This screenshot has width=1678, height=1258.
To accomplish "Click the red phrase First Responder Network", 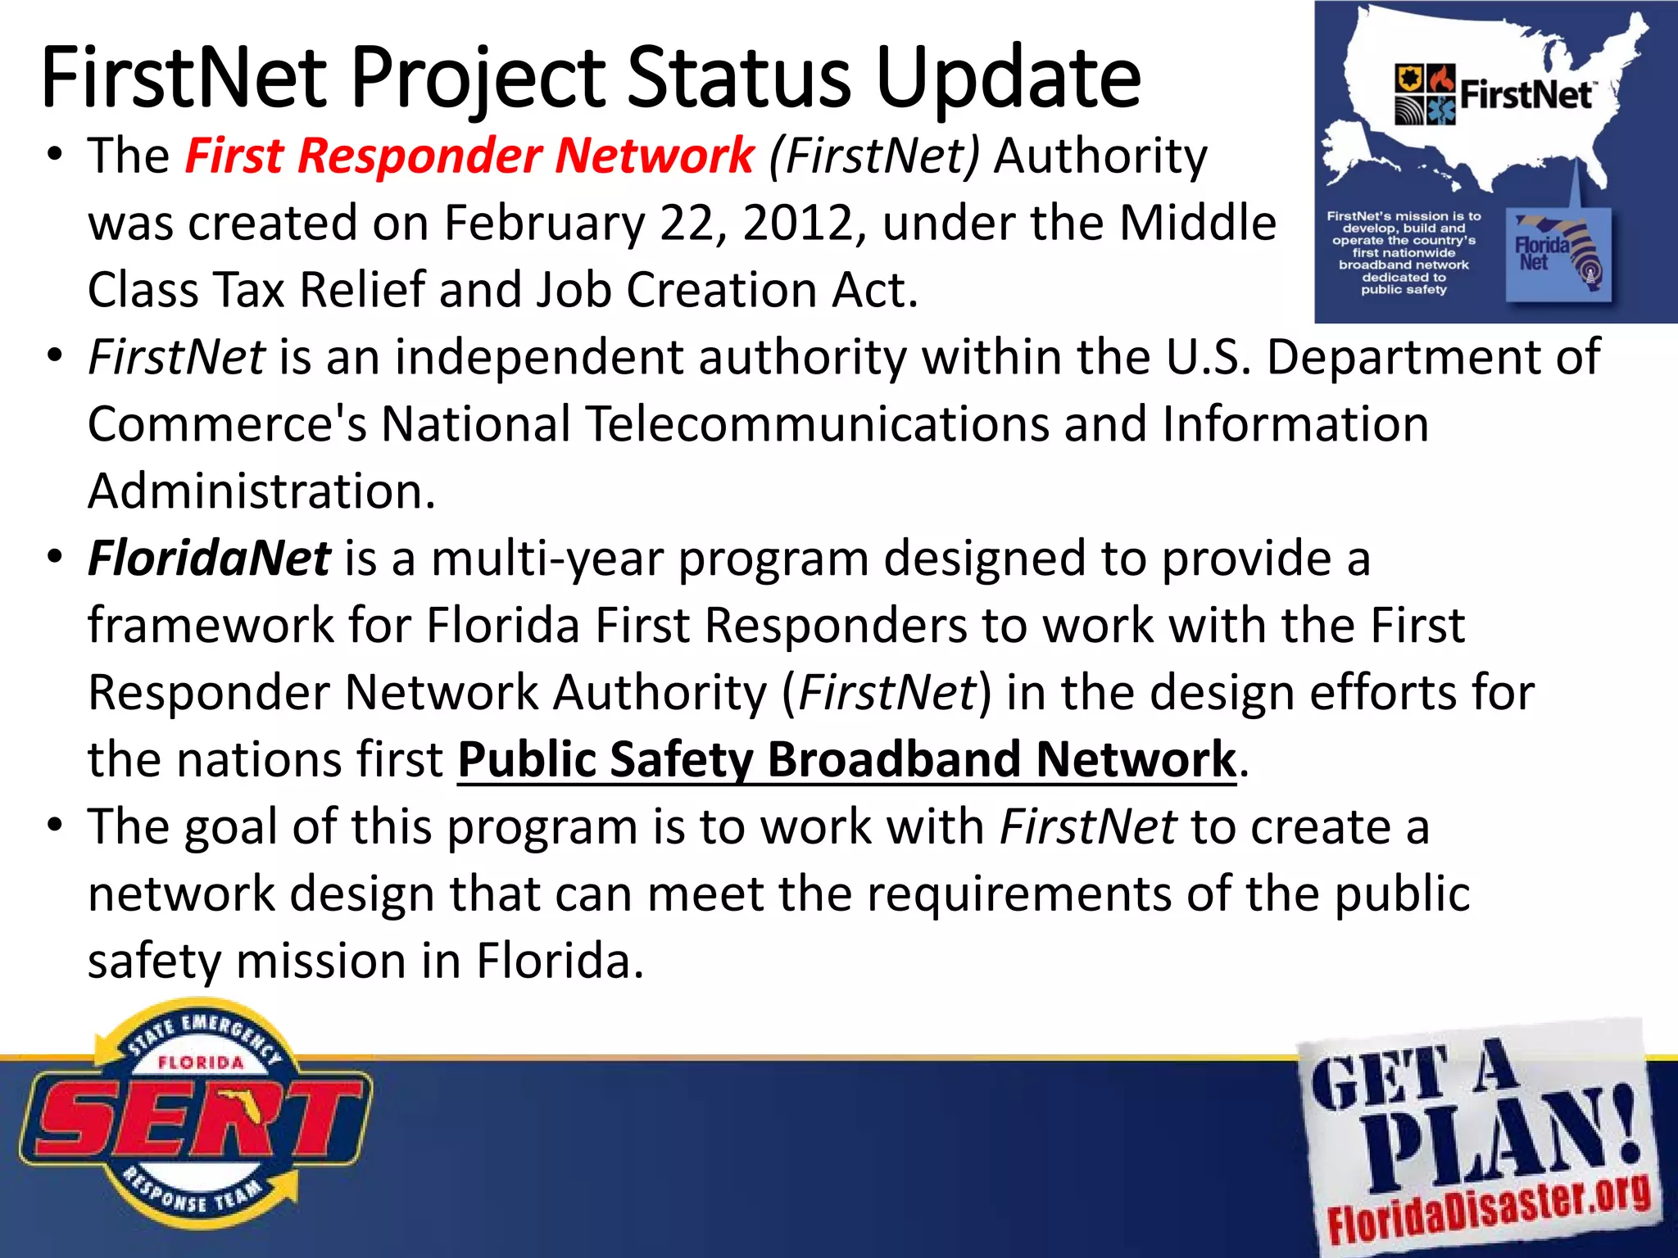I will [469, 156].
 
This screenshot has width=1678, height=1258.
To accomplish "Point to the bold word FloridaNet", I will [209, 559].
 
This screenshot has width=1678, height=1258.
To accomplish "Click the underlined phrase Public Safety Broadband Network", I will [846, 759].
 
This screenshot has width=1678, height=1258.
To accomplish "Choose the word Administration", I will [261, 491].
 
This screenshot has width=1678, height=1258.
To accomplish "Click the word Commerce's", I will [227, 424].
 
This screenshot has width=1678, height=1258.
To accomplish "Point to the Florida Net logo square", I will [1558, 255].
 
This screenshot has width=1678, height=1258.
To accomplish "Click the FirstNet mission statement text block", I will [1404, 252].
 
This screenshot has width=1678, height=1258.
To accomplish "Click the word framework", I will [210, 626].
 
